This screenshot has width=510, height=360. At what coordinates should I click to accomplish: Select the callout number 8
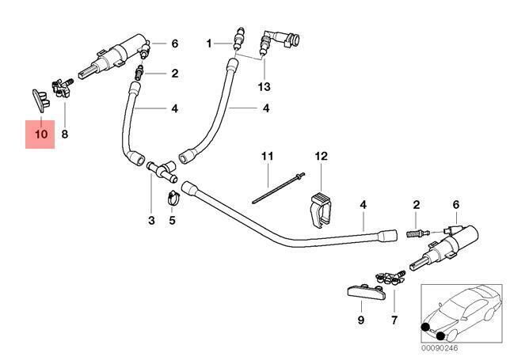[65, 135]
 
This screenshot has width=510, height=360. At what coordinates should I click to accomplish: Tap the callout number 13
[263, 85]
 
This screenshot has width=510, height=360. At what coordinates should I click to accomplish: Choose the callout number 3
[152, 220]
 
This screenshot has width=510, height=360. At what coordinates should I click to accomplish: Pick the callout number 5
[172, 220]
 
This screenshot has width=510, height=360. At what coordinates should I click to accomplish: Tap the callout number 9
[360, 320]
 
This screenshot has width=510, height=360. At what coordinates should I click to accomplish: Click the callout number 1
[210, 43]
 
